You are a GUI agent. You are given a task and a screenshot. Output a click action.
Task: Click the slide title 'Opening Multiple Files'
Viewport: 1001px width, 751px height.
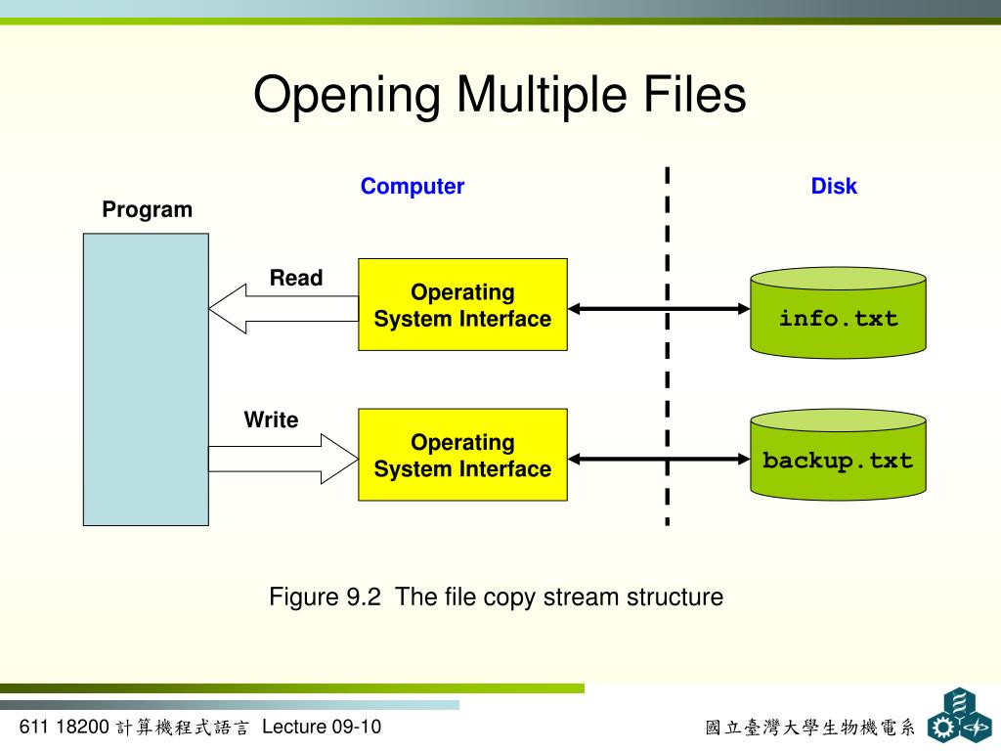pyautogui.click(x=500, y=96)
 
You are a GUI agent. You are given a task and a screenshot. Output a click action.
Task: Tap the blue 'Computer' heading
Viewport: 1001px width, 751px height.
pyautogui.click(x=412, y=187)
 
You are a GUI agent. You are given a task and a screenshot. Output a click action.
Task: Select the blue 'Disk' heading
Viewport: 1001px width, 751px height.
pyautogui.click(x=833, y=187)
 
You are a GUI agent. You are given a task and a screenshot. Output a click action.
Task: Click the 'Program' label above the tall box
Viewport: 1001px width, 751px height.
pyautogui.click(x=148, y=210)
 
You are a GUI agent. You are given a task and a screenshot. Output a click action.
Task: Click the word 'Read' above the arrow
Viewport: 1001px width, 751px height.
pyautogui.click(x=296, y=278)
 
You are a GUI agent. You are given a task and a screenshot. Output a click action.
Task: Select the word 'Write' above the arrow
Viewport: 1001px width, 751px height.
pyautogui.click(x=271, y=420)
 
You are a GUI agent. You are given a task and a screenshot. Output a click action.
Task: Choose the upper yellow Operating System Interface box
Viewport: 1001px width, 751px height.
pyautogui.click(x=462, y=305)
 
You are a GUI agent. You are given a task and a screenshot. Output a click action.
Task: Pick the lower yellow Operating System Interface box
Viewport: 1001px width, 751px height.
pyautogui.click(x=462, y=456)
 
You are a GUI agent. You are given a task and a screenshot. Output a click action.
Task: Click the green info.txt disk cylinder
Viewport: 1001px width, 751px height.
pyautogui.click(x=838, y=313)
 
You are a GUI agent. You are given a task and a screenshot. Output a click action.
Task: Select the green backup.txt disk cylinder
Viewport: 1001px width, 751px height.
pyautogui.click(x=838, y=456)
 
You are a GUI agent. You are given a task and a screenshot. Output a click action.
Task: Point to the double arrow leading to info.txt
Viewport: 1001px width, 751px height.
pyautogui.click(x=658, y=309)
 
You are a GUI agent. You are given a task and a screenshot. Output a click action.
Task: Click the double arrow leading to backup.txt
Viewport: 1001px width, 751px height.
pyautogui.click(x=658, y=459)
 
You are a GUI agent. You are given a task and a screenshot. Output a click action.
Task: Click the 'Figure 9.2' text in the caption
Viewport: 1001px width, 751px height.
pyautogui.click(x=325, y=596)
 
